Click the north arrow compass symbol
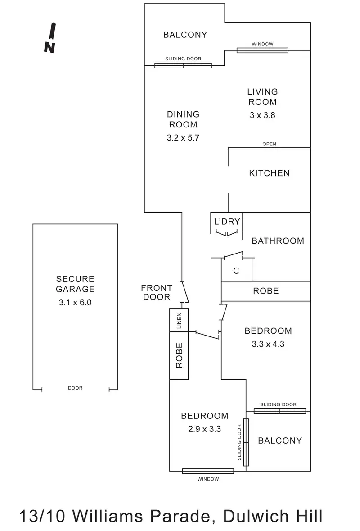click(50, 37)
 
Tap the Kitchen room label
click(269, 173)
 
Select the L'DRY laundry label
click(227, 222)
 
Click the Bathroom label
click(278, 241)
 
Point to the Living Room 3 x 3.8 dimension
click(262, 115)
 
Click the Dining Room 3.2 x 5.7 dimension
click(183, 138)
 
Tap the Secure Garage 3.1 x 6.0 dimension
click(75, 302)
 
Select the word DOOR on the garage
click(75, 388)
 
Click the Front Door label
click(157, 292)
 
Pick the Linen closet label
click(179, 320)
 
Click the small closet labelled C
click(236, 271)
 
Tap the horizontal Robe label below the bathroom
click(266, 291)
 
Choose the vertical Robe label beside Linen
click(179, 355)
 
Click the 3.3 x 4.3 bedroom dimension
click(268, 344)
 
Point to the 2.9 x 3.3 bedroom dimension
click(204, 429)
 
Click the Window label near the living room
click(262, 44)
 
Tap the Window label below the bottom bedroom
click(208, 479)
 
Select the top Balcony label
click(185, 35)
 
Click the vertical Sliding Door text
click(239, 442)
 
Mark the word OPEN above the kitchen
click(269, 144)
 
